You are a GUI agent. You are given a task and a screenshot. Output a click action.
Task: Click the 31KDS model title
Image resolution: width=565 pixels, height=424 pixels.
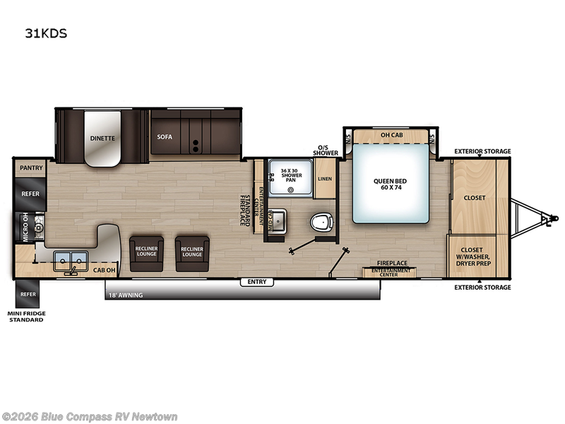point(47,32)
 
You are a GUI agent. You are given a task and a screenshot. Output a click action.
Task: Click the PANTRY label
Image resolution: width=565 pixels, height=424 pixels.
point(31,168)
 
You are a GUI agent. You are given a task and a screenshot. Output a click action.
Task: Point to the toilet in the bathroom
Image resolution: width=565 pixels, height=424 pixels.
point(322,223)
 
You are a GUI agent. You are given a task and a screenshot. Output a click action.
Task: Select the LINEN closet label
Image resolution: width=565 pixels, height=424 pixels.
point(325,179)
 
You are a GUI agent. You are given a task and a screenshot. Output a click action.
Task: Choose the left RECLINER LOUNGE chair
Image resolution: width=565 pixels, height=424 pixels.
point(146,252)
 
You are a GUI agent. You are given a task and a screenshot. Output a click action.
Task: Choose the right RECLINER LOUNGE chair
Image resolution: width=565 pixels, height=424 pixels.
point(192,252)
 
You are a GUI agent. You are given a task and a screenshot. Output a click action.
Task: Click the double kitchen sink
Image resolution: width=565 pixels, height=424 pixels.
point(69,257)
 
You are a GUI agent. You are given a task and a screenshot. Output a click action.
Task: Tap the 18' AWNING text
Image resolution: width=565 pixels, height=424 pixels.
point(125,295)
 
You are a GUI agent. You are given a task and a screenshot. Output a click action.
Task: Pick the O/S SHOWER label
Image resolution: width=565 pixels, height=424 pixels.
point(326,150)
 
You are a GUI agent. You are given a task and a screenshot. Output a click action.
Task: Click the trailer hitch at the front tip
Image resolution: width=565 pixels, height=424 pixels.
point(545,218)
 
